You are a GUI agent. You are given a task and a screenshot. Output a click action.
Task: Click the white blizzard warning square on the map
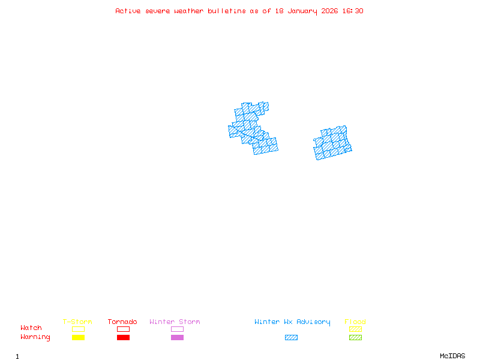[233, 119]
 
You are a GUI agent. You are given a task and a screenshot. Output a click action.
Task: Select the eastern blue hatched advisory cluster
[332, 143]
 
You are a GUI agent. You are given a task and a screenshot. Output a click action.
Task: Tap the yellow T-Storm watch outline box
[78, 329]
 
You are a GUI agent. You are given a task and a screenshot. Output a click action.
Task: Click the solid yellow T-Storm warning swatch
[78, 338]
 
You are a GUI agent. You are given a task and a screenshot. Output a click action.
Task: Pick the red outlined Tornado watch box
[123, 329]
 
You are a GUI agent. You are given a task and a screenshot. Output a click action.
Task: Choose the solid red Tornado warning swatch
[123, 338]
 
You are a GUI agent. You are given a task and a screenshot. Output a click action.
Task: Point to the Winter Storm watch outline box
[177, 329]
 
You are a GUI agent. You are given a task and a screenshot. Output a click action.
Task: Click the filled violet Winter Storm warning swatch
[177, 338]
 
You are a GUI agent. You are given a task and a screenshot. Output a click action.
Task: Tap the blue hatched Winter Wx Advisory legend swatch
[291, 338]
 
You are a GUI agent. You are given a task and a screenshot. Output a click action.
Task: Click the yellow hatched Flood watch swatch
[355, 329]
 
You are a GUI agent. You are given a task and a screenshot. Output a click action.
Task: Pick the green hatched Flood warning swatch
[355, 338]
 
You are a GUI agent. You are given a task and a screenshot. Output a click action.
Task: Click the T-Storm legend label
[77, 322]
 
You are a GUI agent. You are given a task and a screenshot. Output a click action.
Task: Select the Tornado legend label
[122, 322]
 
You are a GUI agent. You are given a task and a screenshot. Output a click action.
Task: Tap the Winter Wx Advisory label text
[292, 322]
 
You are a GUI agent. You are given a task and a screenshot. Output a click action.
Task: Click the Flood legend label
[355, 322]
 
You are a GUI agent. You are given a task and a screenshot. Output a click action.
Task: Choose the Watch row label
[31, 328]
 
